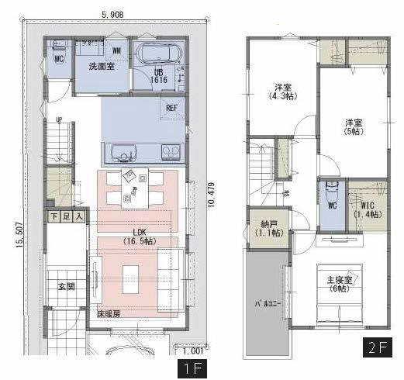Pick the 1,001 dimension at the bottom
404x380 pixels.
coord(195,350)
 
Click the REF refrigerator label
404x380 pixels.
coord(172,109)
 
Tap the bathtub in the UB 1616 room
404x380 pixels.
coord(158,55)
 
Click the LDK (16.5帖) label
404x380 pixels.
coord(138,237)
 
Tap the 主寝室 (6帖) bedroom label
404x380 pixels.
coord(339,284)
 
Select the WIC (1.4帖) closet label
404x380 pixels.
coord(363,207)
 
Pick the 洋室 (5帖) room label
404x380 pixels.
coord(354,127)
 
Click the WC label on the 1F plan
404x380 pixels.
coord(58,58)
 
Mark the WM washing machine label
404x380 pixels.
coord(116,51)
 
